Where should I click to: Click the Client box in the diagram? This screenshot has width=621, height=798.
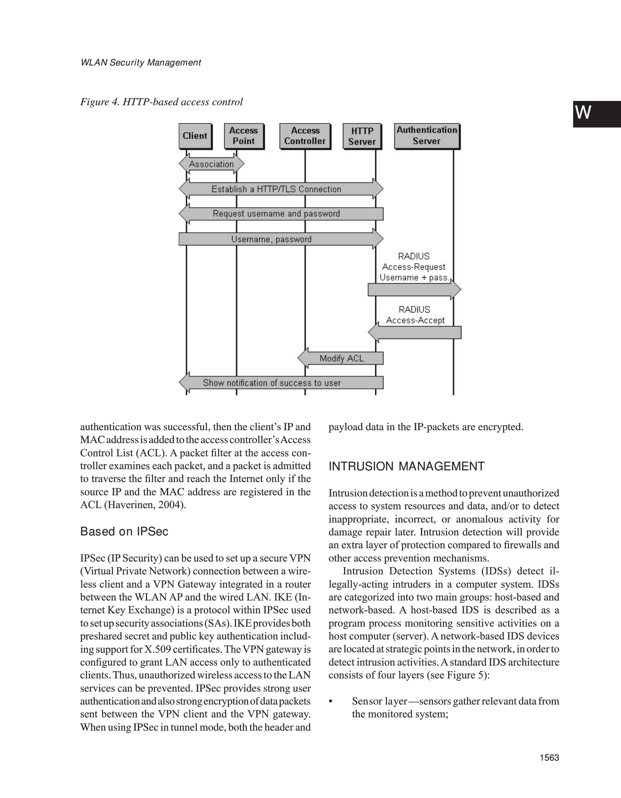tap(195, 136)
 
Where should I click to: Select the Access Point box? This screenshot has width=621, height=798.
tap(244, 136)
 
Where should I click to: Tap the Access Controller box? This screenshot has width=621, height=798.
tap(305, 136)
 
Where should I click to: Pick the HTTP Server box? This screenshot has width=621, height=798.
tap(362, 136)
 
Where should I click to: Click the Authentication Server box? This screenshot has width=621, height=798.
tap(427, 136)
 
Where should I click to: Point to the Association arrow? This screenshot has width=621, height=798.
tap(211, 164)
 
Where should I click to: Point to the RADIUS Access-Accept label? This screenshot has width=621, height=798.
tap(415, 315)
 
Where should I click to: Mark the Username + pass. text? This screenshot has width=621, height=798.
tap(414, 277)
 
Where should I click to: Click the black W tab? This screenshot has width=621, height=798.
tap(596, 114)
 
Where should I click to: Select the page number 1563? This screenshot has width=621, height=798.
tap(550, 757)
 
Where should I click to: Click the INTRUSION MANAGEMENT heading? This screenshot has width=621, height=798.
tap(406, 466)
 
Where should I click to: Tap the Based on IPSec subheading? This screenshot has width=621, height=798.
tap(124, 531)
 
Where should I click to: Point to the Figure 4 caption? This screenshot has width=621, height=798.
tap(161, 102)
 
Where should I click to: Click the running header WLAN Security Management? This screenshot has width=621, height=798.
tap(140, 63)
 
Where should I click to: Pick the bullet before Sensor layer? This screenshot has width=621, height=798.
tap(331, 701)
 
